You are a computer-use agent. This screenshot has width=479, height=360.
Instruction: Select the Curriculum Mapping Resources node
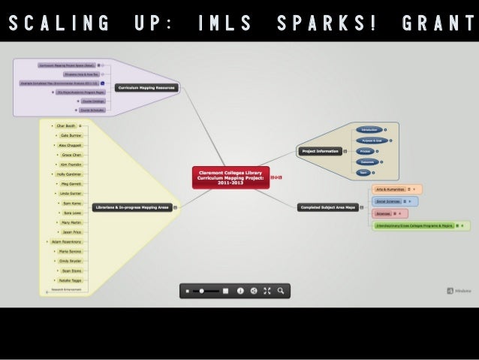tap(146, 88)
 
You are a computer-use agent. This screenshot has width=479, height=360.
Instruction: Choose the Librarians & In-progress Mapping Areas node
tap(131, 207)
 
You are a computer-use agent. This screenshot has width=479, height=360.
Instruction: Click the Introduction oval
tap(369, 129)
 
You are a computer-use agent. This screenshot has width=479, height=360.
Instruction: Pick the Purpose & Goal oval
tap(369, 141)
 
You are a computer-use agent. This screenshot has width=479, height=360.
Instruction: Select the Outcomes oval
tap(367, 162)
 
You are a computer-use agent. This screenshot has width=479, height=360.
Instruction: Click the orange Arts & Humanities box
tap(388, 189)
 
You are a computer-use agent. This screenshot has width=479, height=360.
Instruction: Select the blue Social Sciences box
tap(387, 201)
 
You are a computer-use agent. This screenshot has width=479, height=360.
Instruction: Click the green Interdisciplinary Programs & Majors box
tap(414, 225)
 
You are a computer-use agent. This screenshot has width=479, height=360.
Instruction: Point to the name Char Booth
tap(65, 126)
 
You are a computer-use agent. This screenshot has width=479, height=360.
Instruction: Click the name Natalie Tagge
tap(72, 280)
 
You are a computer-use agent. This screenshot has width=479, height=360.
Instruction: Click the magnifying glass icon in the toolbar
tap(281, 290)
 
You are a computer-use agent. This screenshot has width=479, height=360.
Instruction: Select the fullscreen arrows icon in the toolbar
tap(267, 290)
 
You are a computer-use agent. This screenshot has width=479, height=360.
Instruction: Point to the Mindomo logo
tap(459, 291)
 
